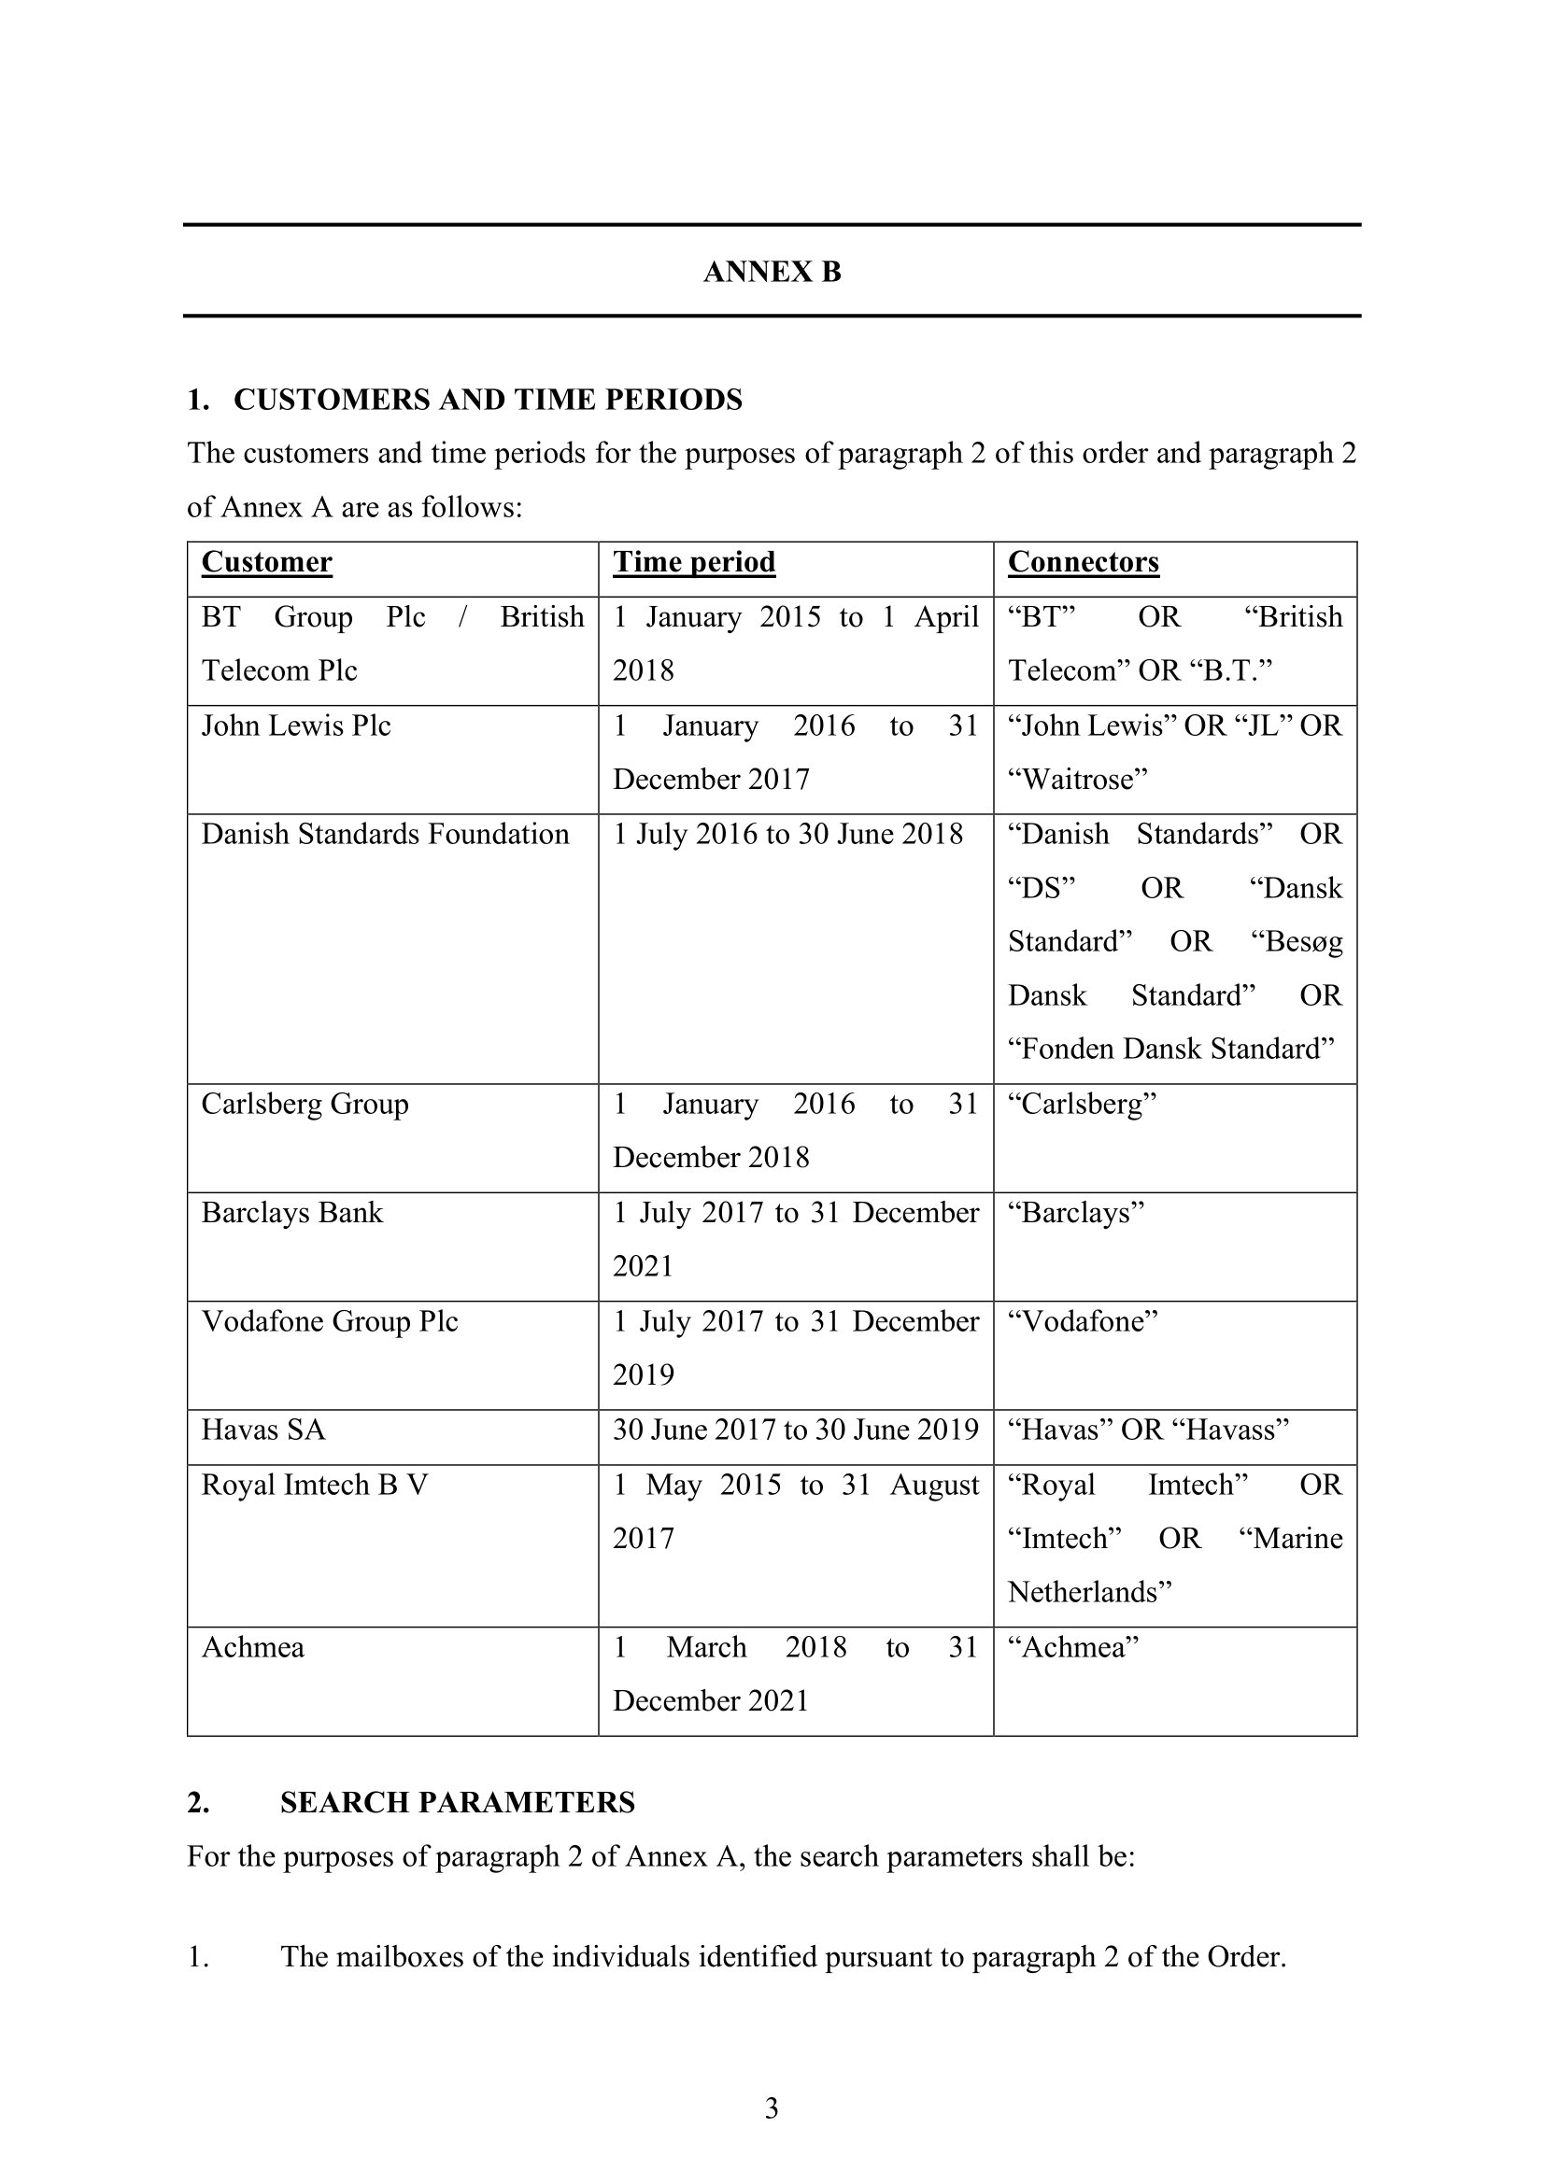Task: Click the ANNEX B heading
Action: point(772,272)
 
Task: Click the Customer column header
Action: point(266,562)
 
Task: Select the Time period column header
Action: point(693,562)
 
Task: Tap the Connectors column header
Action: point(1083,562)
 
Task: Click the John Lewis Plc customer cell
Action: point(296,726)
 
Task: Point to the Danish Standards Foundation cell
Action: point(384,834)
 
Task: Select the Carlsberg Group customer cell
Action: point(305,1104)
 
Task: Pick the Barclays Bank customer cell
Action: point(291,1213)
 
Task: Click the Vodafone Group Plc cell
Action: point(329,1321)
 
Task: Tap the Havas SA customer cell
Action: point(262,1430)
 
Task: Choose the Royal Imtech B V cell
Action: point(314,1485)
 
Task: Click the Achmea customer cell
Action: point(252,1647)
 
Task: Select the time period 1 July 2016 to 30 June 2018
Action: point(787,834)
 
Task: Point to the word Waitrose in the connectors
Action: point(1078,780)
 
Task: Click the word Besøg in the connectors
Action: point(1297,942)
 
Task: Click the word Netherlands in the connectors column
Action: point(1088,1592)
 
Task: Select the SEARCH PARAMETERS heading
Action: point(457,1802)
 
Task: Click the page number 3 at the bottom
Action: point(772,2109)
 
